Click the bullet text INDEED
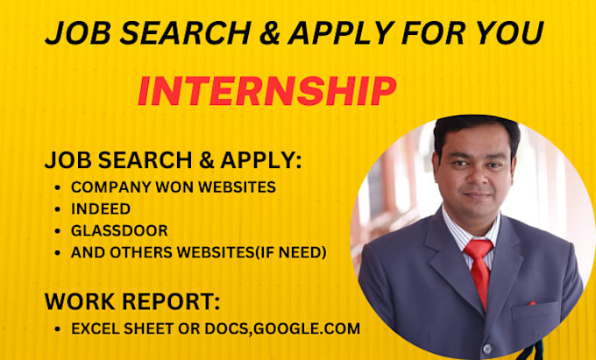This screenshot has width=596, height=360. click(x=101, y=208)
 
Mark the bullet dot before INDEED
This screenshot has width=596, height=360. click(x=57, y=209)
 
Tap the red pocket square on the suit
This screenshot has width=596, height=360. click(x=531, y=303)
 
